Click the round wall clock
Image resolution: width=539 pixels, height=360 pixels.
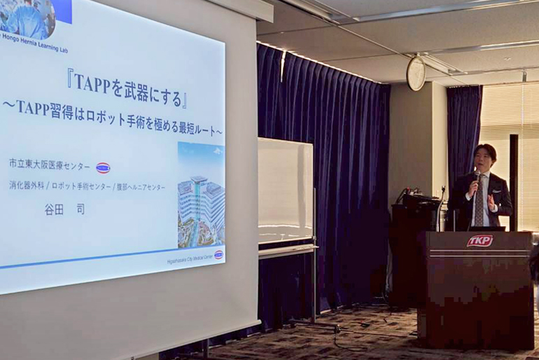[416, 74]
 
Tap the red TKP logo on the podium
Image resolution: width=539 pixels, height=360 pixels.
[479, 241]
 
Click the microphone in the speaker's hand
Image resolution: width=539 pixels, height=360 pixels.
[476, 176]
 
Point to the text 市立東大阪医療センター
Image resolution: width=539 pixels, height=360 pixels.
[50, 165]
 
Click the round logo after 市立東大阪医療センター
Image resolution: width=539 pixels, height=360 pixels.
[103, 167]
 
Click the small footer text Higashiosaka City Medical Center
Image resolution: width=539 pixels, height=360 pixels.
[183, 259]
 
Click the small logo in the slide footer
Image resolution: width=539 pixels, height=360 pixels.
[218, 254]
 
